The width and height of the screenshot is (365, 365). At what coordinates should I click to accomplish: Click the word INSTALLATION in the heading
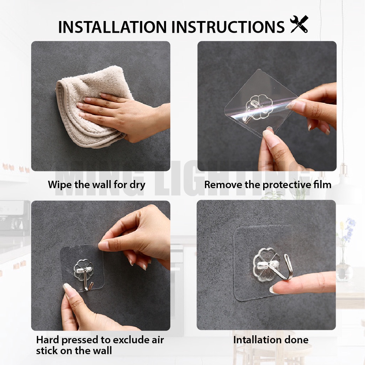(112, 27)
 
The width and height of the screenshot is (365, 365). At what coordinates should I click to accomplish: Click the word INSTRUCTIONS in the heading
(228, 27)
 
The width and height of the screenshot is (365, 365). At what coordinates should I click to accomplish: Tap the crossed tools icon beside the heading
(299, 24)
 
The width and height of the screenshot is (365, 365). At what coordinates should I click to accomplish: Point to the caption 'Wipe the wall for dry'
(97, 185)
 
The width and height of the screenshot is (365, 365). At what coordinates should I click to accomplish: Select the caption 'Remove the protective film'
(268, 185)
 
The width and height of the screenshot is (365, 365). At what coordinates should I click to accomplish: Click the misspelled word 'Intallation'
(257, 340)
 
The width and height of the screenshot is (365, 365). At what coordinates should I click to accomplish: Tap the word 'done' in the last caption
(297, 340)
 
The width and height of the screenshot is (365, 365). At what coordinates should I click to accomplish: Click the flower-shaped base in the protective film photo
(259, 107)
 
